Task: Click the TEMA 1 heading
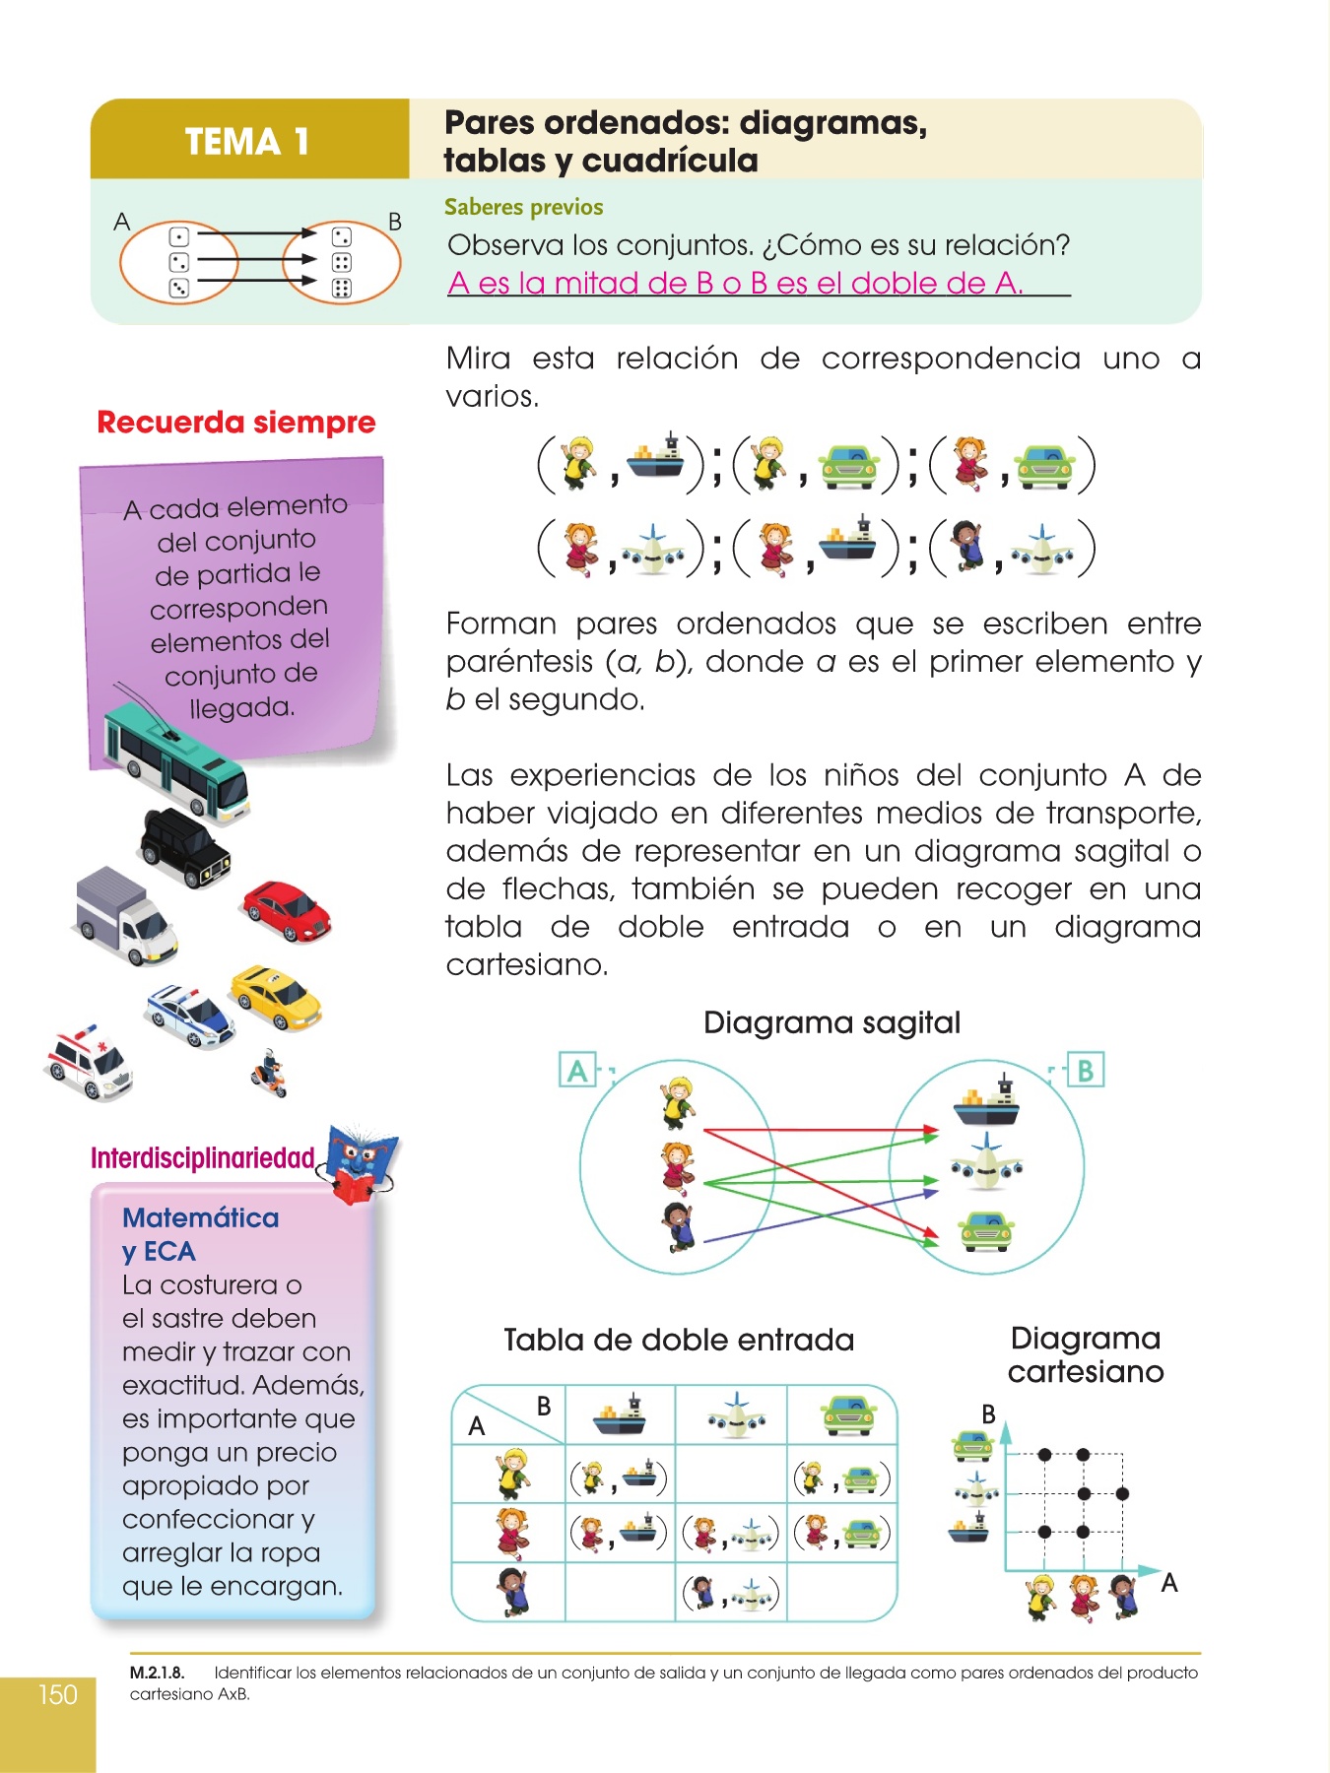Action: click(x=247, y=142)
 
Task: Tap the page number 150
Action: click(x=57, y=1694)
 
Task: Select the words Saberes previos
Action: click(x=523, y=207)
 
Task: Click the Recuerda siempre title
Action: click(x=235, y=423)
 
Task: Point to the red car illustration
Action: click(x=287, y=911)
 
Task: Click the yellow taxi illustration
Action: click(x=276, y=997)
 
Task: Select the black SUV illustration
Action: click(x=184, y=847)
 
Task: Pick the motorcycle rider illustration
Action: click(x=268, y=1073)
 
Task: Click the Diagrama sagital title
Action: click(x=831, y=1022)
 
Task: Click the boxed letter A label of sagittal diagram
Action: click(x=576, y=1070)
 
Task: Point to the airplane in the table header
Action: click(x=736, y=1415)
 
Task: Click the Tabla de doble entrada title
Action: click(x=678, y=1340)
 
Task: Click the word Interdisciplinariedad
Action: click(x=202, y=1158)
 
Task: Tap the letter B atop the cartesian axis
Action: click(x=988, y=1414)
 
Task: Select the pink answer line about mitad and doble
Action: click(x=735, y=284)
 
